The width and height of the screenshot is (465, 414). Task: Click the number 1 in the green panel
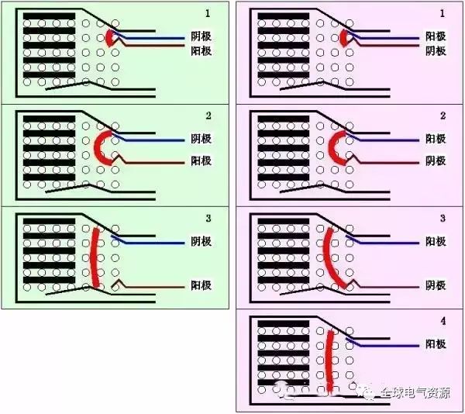click(208, 14)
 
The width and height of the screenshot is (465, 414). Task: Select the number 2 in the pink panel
click(443, 116)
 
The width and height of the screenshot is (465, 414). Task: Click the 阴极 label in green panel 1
click(201, 36)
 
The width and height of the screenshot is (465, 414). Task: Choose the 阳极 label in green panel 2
click(201, 161)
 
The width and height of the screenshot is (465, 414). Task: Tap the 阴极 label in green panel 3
click(201, 241)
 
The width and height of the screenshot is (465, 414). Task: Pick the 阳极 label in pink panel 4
click(436, 344)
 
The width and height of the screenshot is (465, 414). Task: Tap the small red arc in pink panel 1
click(343, 37)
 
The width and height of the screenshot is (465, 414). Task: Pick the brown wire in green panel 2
click(155, 162)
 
